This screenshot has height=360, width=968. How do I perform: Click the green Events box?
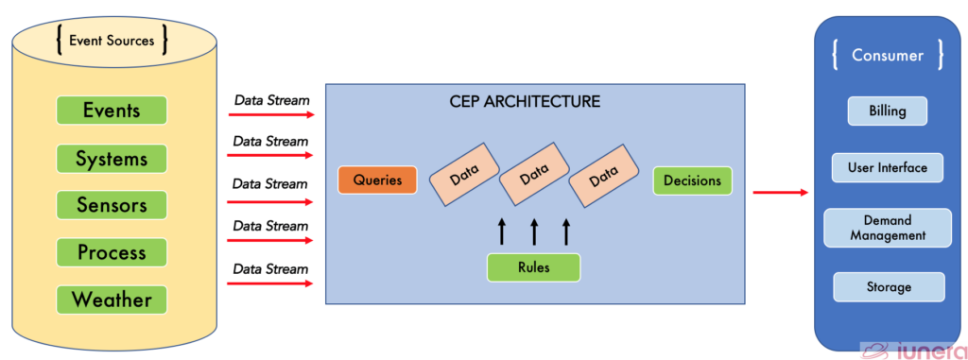click(x=112, y=111)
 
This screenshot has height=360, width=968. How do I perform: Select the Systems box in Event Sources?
click(x=112, y=158)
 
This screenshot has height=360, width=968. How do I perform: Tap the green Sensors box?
click(x=112, y=205)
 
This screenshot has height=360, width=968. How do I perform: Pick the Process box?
click(x=112, y=252)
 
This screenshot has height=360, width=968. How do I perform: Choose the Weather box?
click(x=112, y=300)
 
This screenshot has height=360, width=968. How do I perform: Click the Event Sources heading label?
click(x=112, y=40)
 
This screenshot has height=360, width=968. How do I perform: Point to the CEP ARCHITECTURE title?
click(x=525, y=100)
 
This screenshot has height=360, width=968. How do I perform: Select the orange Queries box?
click(x=377, y=180)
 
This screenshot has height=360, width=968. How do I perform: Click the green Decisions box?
click(x=692, y=180)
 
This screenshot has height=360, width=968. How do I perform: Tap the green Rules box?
click(x=533, y=266)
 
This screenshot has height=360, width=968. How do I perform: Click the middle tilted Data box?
click(x=534, y=174)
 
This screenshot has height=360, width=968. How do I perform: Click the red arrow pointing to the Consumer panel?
click(x=780, y=193)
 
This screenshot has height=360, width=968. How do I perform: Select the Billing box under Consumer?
click(x=888, y=111)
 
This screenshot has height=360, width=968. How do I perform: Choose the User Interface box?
click(x=888, y=168)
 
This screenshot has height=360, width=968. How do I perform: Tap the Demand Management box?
click(x=888, y=228)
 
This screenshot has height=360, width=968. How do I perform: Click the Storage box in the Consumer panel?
click(x=888, y=286)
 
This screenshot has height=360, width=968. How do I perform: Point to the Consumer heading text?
click(x=888, y=55)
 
